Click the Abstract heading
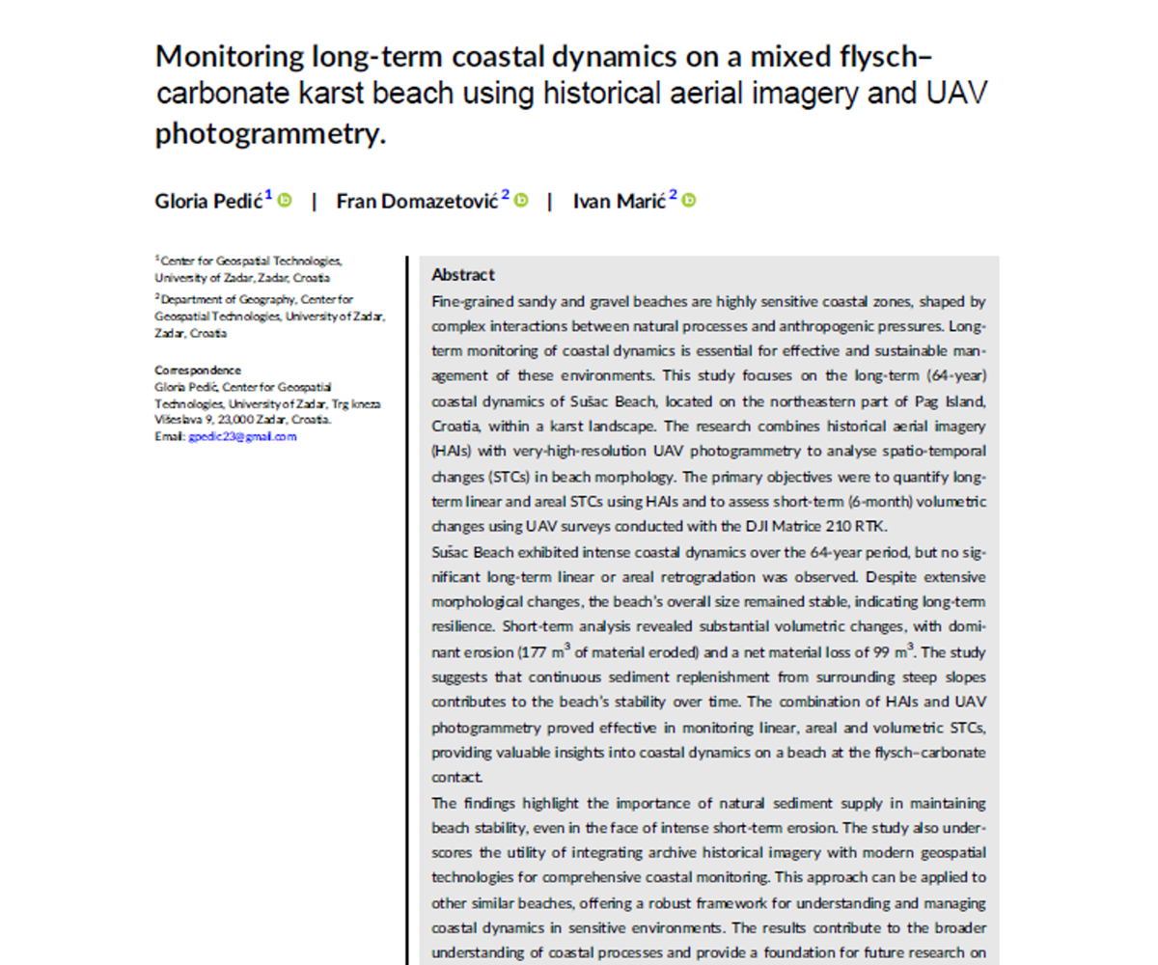463,275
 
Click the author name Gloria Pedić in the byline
208,202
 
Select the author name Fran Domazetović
417,202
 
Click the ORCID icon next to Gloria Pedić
285,201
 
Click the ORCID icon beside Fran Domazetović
521,201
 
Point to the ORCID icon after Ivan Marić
689,201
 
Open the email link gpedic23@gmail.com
242,436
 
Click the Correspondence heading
198,371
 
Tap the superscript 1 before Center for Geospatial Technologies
157,259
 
